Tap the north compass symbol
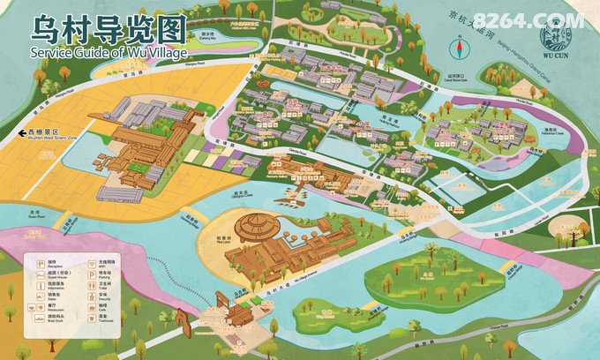click(459, 48)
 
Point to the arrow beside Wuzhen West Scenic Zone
click(19, 134)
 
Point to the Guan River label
click(34, 214)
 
